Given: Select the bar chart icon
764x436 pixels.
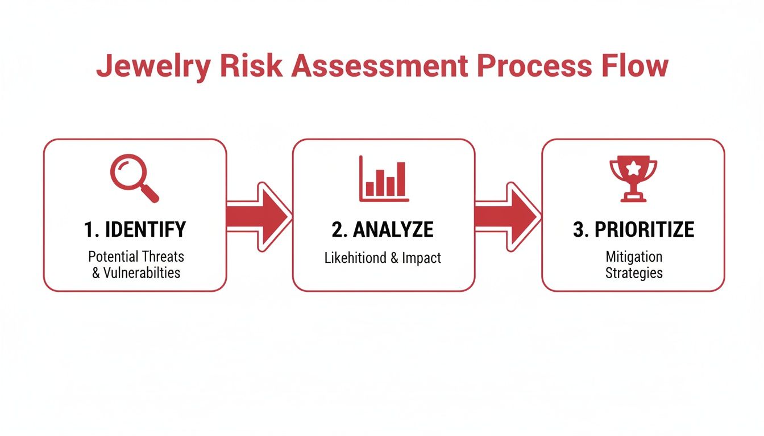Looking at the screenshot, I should click(384, 179).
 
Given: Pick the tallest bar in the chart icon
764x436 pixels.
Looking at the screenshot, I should click(401, 178).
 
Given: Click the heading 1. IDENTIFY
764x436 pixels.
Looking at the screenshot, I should click(135, 229).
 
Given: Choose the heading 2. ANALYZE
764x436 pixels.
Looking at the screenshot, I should click(383, 229).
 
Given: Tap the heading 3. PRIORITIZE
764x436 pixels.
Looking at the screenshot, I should click(633, 229).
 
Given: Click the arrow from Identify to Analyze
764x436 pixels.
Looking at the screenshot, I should click(259, 216).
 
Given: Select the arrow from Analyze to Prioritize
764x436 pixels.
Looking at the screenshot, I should click(508, 216).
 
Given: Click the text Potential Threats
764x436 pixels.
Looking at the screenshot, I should click(136, 257).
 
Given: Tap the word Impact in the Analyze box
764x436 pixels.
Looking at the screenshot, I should click(422, 258).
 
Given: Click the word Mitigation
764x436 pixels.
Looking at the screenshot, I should click(633, 257).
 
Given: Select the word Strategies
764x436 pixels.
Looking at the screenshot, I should click(633, 272).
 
